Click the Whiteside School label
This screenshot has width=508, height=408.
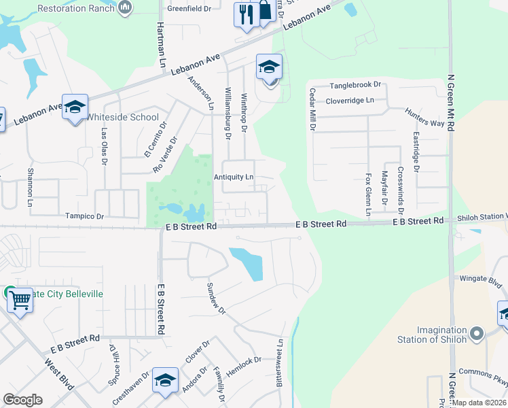point(122,117)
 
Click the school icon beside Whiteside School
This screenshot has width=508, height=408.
point(75,107)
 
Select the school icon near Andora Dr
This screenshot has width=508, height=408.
point(165,381)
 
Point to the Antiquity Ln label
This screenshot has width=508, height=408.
point(234,177)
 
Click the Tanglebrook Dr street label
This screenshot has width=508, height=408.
point(355,86)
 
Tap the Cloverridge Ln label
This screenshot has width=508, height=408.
point(350,101)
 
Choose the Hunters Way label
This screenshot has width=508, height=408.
point(424,118)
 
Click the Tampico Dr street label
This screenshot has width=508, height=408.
point(84,216)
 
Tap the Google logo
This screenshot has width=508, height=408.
point(22,400)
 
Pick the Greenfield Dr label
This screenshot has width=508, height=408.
point(189,10)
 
